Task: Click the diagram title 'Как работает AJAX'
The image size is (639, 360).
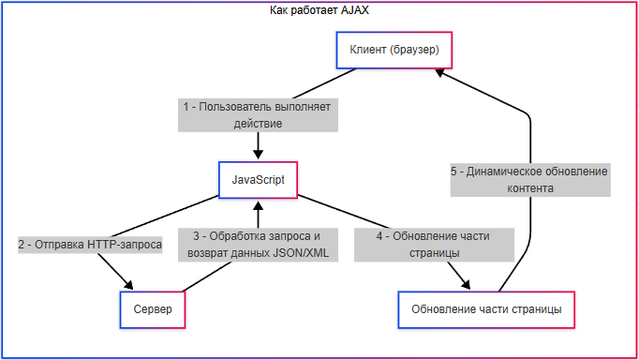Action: point(319,10)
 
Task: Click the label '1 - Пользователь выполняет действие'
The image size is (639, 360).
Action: point(258,115)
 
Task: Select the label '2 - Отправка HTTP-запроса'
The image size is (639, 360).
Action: point(90,245)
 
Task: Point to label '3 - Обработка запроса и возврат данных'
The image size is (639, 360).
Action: point(258,245)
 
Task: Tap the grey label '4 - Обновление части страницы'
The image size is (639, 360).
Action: point(434,245)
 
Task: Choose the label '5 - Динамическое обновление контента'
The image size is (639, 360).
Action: point(530,180)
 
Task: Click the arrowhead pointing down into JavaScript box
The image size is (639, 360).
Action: point(258,154)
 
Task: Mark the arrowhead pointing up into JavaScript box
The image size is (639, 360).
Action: point(258,206)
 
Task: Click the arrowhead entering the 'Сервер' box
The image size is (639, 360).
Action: point(128,285)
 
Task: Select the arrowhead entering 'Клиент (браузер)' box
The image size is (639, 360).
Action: point(439,73)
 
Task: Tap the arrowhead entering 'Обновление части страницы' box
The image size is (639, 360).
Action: point(466,285)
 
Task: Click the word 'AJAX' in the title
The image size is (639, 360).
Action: point(354,10)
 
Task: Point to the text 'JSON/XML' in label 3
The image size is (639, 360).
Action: point(301,253)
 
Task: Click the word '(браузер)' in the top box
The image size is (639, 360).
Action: point(414,50)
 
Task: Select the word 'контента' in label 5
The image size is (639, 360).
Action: point(530,188)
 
